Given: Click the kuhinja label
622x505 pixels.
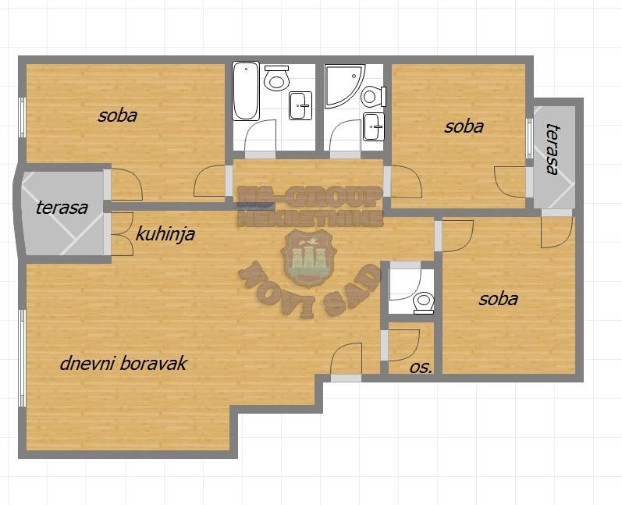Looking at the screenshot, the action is click(165, 234).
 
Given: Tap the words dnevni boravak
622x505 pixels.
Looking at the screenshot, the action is click(123, 363).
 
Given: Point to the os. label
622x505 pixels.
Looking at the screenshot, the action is click(421, 368).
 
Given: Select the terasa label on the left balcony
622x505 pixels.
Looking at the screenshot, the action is click(62, 208).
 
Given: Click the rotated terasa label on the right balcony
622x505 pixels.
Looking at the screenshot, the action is click(553, 149).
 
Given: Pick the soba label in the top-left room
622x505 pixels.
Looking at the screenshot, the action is click(118, 116).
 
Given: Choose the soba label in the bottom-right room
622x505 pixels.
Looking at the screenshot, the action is click(498, 299).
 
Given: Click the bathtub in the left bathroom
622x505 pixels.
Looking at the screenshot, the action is click(246, 91).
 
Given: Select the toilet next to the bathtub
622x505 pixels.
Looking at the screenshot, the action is click(276, 77).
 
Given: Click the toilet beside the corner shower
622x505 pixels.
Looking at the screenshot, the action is click(374, 96).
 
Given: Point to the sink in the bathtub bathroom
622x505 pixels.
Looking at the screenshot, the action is click(300, 105).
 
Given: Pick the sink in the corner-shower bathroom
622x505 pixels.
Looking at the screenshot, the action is click(374, 126).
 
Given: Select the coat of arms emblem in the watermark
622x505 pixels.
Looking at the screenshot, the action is click(308, 258).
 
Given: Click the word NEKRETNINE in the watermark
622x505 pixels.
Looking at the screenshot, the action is click(310, 219).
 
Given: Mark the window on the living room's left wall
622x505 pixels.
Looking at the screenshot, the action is click(23, 358).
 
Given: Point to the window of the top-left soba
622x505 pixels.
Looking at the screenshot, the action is click(23, 117).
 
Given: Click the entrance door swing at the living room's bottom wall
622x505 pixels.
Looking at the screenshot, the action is click(347, 358).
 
